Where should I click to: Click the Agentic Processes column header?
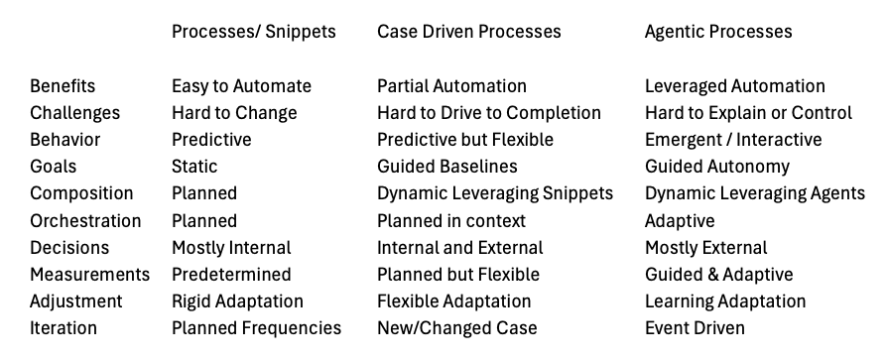[718, 32]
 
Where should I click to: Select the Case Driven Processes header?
[468, 32]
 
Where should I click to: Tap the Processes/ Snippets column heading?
[253, 32]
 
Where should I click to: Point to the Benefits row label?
[63, 86]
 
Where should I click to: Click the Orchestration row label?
[85, 221]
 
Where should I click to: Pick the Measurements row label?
[89, 275]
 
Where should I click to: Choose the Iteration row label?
[63, 328]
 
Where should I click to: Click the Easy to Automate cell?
[241, 86]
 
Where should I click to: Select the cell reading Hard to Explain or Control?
[748, 113]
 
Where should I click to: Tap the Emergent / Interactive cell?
[733, 140]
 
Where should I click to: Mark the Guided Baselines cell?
[446, 167]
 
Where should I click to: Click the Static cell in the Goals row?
[194, 167]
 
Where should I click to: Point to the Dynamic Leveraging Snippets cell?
[495, 193]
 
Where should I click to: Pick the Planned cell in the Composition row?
[204, 193]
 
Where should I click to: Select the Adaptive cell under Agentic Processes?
[680, 221]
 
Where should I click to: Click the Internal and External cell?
[459, 248]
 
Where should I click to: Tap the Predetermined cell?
[231, 275]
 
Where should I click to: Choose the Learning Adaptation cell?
[725, 301]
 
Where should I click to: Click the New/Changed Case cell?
[456, 328]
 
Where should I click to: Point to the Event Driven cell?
[695, 328]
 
